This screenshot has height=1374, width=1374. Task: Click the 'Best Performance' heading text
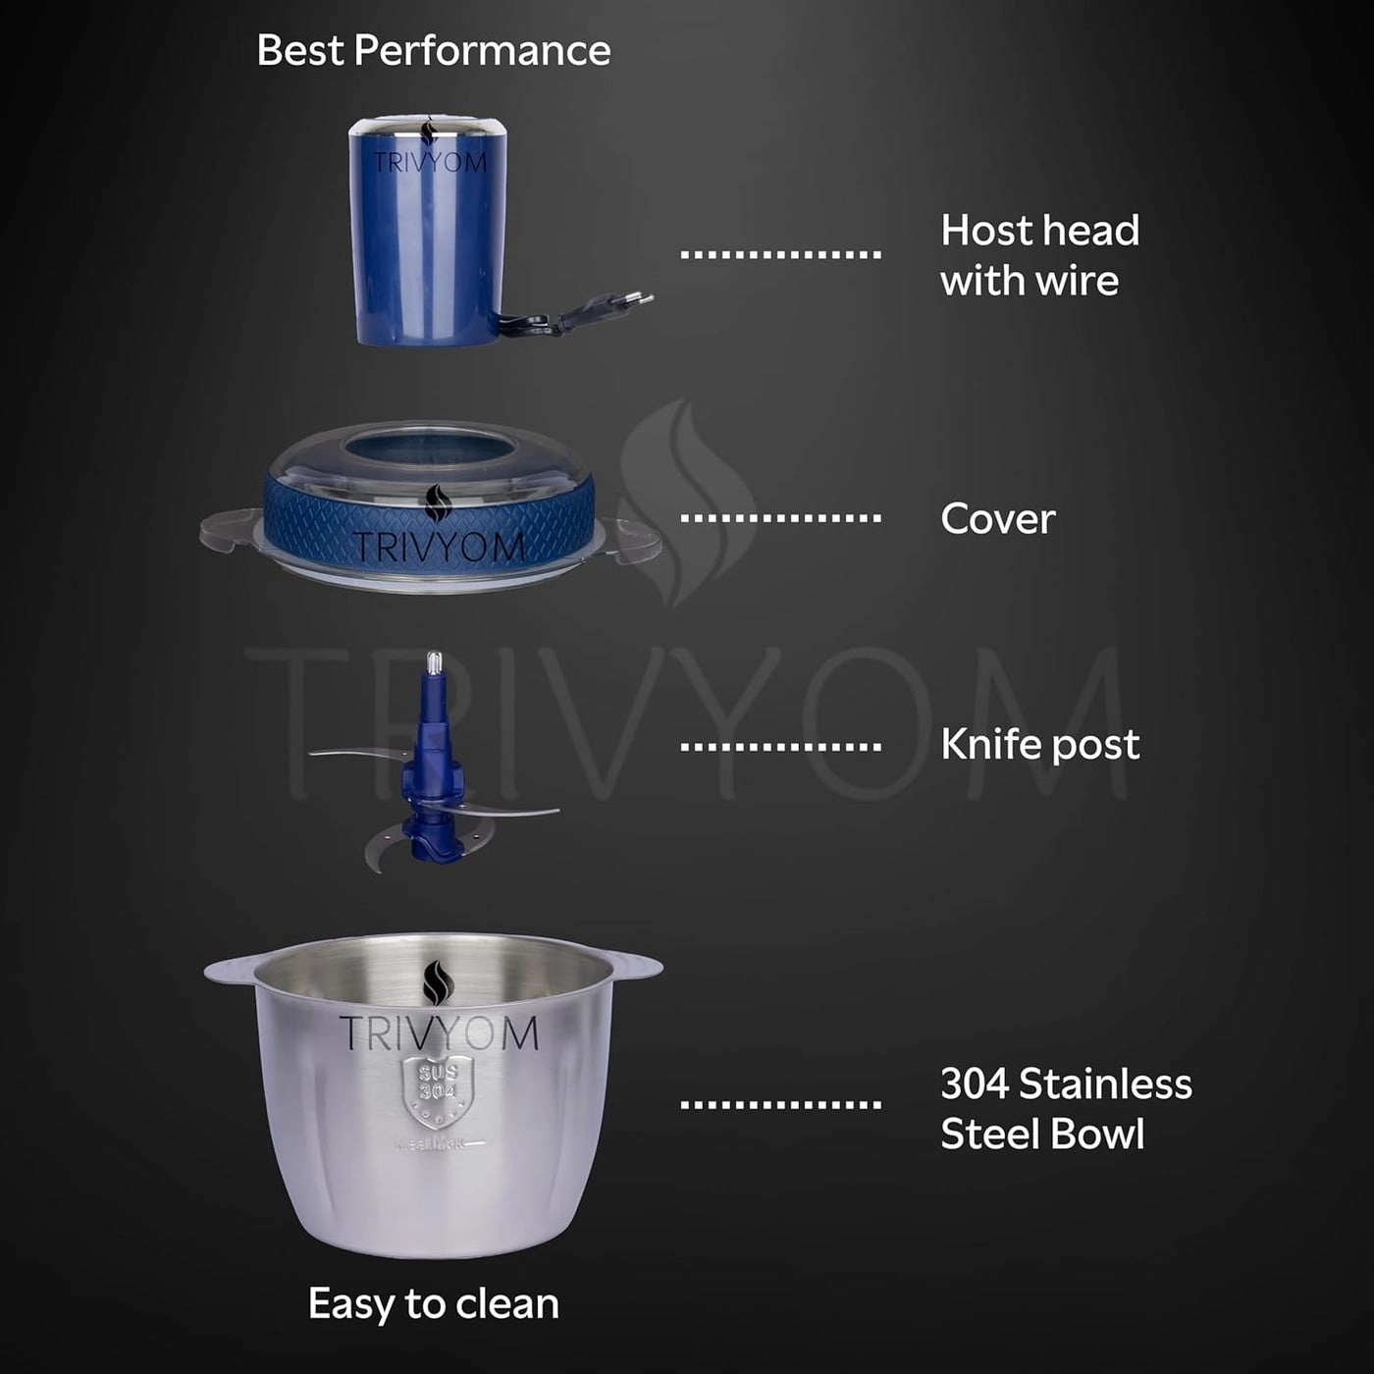[433, 50]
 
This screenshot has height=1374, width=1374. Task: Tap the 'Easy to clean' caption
[433, 1304]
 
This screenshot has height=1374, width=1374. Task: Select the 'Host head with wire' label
[1038, 255]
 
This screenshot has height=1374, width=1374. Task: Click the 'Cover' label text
[997, 519]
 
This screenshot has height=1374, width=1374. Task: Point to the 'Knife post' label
[1039, 745]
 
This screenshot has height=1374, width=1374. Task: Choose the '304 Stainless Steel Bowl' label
[1065, 1109]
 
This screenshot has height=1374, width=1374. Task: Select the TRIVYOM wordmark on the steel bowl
[438, 1034]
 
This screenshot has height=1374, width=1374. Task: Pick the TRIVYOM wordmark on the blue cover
[438, 547]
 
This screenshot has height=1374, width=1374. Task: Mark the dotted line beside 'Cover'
[780, 518]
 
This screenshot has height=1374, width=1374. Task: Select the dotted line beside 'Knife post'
[780, 747]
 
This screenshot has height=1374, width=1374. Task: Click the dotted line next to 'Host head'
[780, 255]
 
